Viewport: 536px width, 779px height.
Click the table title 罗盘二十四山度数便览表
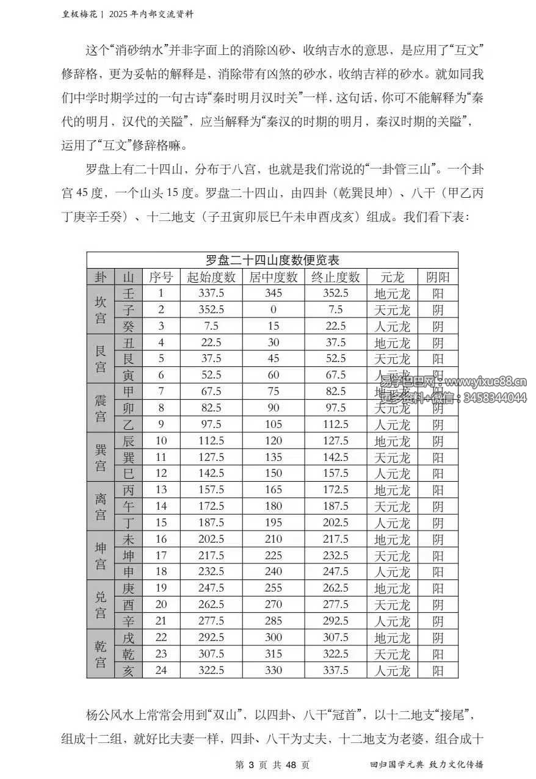pyautogui.click(x=272, y=260)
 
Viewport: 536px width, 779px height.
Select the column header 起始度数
pyautogui.click(x=212, y=277)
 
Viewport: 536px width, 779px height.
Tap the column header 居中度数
pyautogui.click(x=273, y=277)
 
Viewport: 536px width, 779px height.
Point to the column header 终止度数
pyautogui.click(x=335, y=277)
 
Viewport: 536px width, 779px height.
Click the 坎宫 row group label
pyautogui.click(x=100, y=310)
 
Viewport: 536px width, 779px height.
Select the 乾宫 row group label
pyautogui.click(x=100, y=654)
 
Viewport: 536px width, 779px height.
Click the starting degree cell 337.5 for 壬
pyautogui.click(x=212, y=294)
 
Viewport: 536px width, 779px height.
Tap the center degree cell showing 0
pyautogui.click(x=273, y=310)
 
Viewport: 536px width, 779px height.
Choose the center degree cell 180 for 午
pyautogui.click(x=273, y=506)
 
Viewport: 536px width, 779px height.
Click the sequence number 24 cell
pyautogui.click(x=161, y=670)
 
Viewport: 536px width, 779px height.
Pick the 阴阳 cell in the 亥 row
pyautogui.click(x=438, y=670)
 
